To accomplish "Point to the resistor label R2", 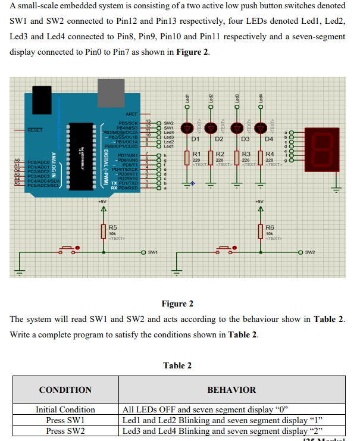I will point(220,154).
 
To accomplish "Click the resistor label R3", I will point(245,154).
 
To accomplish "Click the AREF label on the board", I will point(132,113).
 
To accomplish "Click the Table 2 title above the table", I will point(177,365).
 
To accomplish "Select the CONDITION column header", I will point(65,390).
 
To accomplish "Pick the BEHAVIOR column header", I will point(231,390).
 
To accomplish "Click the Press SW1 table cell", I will point(65,420).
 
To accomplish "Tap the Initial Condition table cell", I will point(65,409).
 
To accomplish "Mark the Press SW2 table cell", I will point(65,431).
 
